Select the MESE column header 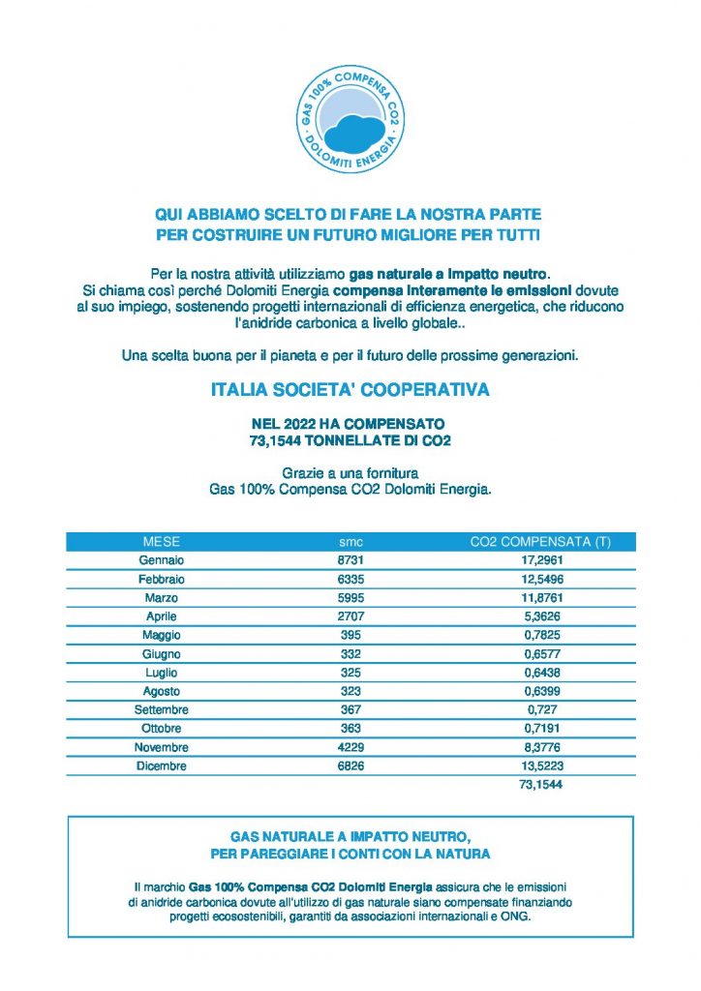[161, 541]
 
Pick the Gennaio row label [161, 560]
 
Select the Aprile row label [161, 616]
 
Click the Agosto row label [161, 691]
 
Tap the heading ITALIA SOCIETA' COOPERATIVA [350, 391]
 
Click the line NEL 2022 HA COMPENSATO [350, 424]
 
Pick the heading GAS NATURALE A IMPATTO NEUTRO [350, 835]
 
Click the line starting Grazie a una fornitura [350, 473]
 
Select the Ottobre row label [161, 729]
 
